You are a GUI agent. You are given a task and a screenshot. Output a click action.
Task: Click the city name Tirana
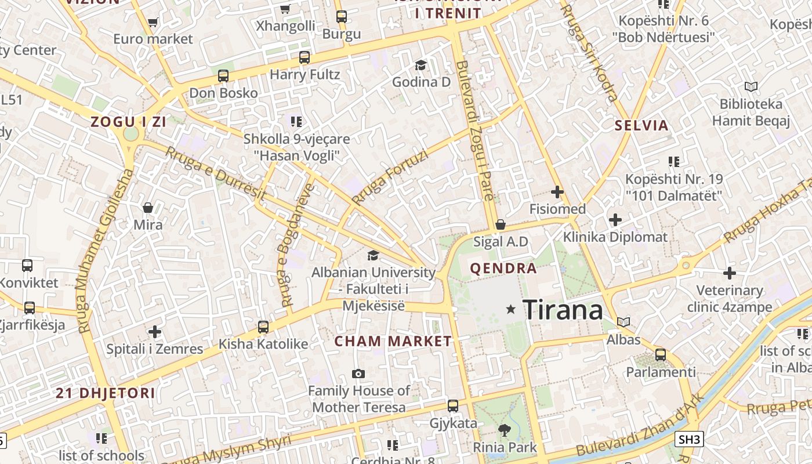563,310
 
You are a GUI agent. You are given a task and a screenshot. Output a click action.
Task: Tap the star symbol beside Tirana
510,310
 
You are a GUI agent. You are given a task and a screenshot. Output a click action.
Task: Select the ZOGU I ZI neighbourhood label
128,122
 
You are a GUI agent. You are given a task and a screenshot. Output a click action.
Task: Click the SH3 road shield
690,439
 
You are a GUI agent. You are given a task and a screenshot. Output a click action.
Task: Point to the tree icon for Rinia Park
504,430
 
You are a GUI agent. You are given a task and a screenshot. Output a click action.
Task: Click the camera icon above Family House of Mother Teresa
358,374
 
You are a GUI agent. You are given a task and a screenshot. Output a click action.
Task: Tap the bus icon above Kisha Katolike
263,327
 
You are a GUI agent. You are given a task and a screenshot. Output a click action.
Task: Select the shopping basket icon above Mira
148,208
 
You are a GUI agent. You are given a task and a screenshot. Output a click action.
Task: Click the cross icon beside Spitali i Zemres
154,332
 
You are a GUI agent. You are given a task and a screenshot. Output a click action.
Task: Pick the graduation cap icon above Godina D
420,65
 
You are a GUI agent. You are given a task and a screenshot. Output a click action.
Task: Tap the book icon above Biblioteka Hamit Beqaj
751,87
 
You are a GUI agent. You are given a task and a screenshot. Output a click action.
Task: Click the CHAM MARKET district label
393,341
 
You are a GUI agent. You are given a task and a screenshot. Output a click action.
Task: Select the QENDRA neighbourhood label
503,269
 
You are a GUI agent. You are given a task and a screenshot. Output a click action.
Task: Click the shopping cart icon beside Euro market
153,23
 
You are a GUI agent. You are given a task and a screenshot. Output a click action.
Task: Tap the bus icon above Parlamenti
660,355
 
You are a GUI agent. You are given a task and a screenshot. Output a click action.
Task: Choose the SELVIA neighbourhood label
641,125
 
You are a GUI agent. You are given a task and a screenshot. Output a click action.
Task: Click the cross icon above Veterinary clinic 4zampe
730,273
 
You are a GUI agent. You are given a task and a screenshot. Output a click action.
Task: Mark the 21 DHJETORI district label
106,393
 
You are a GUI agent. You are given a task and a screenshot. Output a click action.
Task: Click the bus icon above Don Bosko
223,76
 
